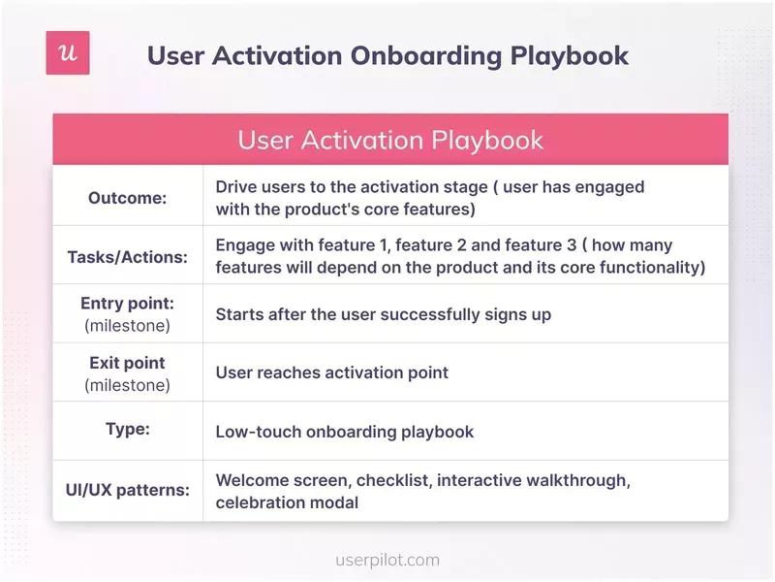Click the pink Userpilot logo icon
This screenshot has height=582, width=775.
(68, 53)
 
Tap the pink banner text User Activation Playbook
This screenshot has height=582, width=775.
(390, 140)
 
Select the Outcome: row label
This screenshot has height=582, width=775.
(128, 197)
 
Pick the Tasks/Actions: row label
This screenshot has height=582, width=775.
(128, 257)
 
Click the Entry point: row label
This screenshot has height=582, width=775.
(128, 304)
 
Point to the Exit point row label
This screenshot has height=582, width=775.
(128, 363)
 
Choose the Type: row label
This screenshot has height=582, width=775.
(128, 428)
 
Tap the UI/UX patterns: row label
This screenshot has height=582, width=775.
(128, 490)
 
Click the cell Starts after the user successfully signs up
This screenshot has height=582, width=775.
(383, 314)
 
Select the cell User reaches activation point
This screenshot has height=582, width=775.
(331, 372)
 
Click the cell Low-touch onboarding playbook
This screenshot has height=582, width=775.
(344, 432)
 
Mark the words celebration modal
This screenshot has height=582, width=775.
(287, 502)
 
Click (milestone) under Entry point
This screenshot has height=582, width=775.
(128, 326)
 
